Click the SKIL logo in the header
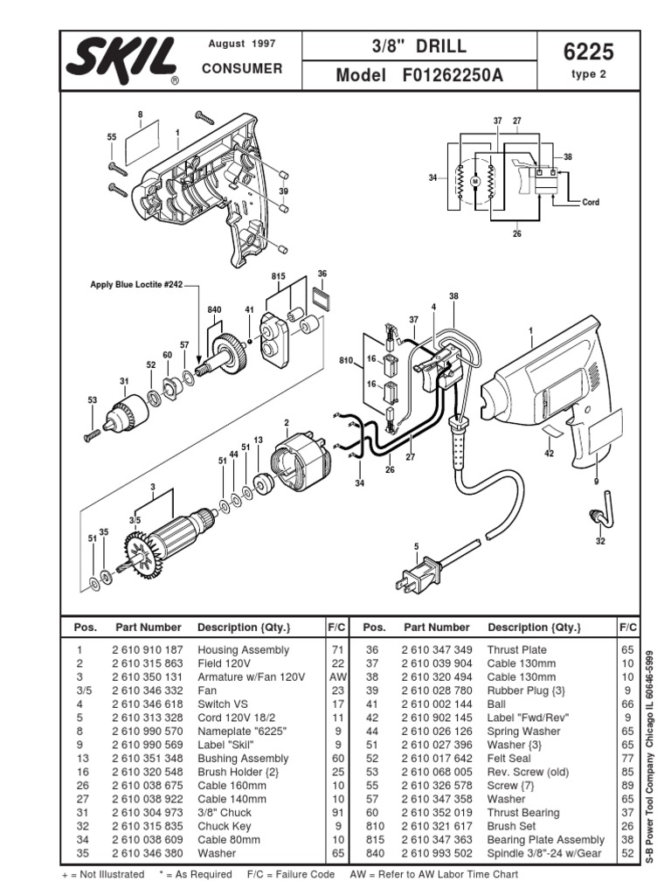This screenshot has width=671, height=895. click(121, 61)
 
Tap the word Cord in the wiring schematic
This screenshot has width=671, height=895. click(591, 202)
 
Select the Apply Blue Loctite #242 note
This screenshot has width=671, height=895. click(137, 284)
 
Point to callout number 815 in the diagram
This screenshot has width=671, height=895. click(279, 275)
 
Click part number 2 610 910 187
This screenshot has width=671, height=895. click(148, 650)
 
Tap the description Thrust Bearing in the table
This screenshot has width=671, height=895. click(523, 813)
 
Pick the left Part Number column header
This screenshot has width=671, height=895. click(148, 628)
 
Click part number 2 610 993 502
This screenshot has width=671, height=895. click(438, 852)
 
